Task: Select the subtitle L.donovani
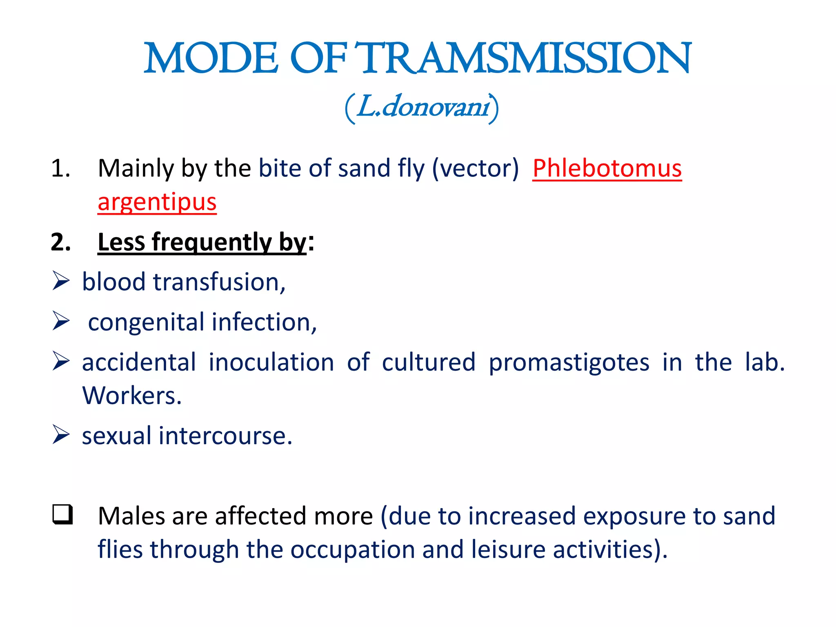click(x=422, y=107)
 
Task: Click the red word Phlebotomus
click(x=607, y=168)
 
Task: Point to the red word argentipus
click(x=157, y=202)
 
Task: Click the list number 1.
click(x=60, y=168)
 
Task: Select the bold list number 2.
click(x=60, y=242)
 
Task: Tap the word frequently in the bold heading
click(x=211, y=242)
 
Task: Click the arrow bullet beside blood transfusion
click(x=61, y=281)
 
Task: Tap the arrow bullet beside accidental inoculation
click(x=61, y=361)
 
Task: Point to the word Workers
click(x=131, y=395)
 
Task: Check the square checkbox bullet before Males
click(x=62, y=514)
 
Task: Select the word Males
click(x=131, y=516)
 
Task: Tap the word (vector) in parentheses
click(x=475, y=168)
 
